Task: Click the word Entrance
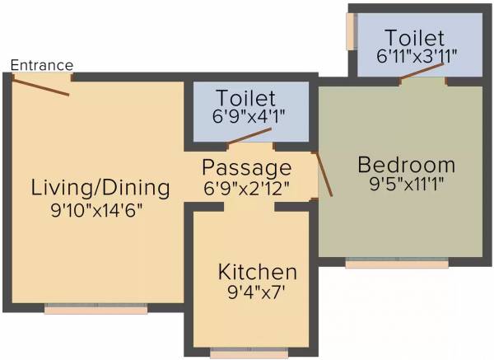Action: [42, 65]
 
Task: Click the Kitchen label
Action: [257, 272]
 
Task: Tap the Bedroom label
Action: [406, 165]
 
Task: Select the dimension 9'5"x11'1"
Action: [406, 185]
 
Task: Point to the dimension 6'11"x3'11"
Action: [416, 56]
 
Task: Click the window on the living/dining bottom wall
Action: [96, 309]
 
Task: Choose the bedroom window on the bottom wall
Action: [397, 264]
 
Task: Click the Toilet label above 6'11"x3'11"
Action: [415, 37]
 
